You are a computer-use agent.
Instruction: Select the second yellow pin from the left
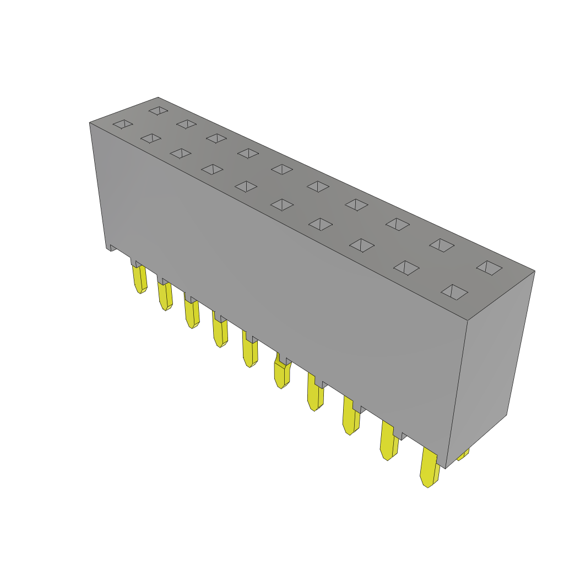click(165, 296)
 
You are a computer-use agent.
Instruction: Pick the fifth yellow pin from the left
click(250, 353)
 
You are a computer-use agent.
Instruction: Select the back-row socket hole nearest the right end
click(489, 268)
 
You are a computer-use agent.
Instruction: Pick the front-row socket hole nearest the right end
click(454, 292)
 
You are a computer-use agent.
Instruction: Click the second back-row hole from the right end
click(442, 245)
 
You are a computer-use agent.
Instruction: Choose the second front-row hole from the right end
click(406, 268)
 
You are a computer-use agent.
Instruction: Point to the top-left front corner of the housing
click(90, 123)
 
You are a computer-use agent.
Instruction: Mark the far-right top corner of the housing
click(534, 271)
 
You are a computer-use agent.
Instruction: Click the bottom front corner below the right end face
click(446, 468)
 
